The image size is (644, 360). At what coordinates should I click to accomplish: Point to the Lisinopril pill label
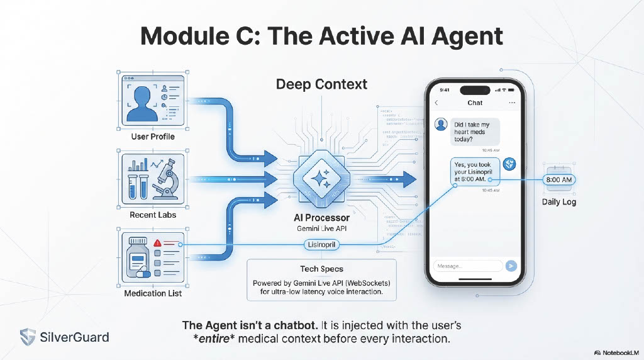[x=322, y=244]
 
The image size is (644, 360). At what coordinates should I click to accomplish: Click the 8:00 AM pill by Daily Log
[x=558, y=180]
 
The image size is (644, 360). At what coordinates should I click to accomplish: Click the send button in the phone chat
[x=511, y=266]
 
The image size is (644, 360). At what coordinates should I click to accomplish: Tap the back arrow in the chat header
[x=436, y=103]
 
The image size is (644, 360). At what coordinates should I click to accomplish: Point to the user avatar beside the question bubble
[x=442, y=125]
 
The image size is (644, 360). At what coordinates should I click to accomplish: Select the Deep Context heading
[x=322, y=84]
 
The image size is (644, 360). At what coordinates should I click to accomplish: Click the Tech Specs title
[x=322, y=269]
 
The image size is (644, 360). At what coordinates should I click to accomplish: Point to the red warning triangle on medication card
[x=157, y=242]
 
